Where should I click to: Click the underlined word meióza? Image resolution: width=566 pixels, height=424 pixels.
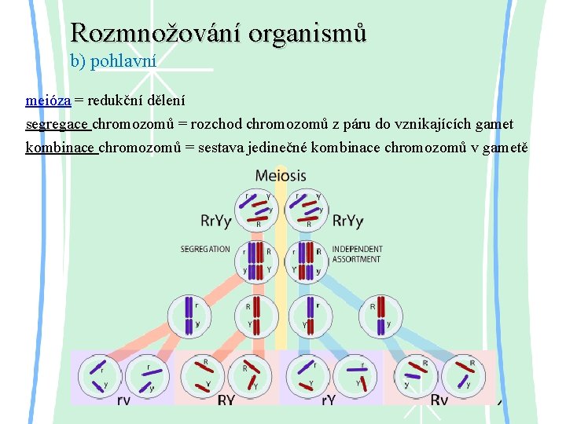pyautogui.click(x=48, y=100)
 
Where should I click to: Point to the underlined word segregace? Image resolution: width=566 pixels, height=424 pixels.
pyautogui.click(x=58, y=124)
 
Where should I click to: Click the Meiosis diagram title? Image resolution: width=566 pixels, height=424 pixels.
pyautogui.click(x=281, y=175)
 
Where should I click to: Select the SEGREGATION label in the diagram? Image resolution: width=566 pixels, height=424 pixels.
pyautogui.click(x=205, y=250)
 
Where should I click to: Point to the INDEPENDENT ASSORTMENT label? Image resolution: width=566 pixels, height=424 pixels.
pyautogui.click(x=357, y=254)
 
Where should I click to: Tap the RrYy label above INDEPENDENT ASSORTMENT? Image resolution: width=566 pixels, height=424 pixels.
pyautogui.click(x=347, y=221)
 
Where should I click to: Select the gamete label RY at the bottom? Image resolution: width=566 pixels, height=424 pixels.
pyautogui.click(x=226, y=400)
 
